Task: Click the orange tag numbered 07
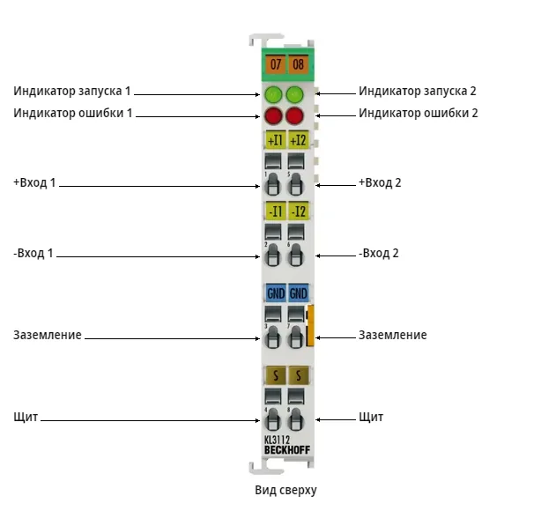click(275, 64)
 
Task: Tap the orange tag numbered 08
click(298, 64)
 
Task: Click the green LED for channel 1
click(273, 94)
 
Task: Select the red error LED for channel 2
click(294, 115)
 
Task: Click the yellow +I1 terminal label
click(275, 140)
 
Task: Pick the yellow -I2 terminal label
click(298, 211)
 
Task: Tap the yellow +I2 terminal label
click(298, 140)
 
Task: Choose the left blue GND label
click(275, 293)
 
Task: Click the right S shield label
click(299, 375)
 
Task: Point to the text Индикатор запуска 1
click(72, 91)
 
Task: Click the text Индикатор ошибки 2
click(419, 113)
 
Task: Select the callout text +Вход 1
click(34, 182)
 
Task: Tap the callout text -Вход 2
click(379, 253)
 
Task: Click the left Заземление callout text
click(48, 335)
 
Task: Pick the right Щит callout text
click(371, 417)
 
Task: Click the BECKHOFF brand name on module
click(287, 450)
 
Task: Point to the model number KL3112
click(277, 440)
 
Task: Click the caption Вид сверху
click(285, 491)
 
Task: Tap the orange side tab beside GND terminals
click(310, 325)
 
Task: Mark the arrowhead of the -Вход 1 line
click(258, 256)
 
